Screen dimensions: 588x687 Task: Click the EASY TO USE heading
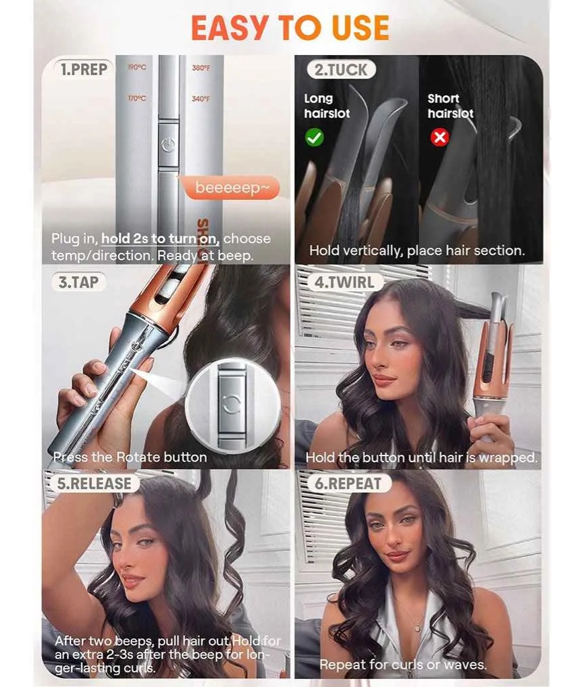coord(290,28)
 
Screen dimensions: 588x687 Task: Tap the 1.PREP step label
coord(84,69)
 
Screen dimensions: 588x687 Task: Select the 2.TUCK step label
coord(341,70)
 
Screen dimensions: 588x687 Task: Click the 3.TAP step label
coord(79,282)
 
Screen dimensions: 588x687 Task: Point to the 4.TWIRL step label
coord(344,282)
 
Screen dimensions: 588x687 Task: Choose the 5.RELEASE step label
coord(94,484)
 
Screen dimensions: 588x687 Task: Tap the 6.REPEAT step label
coord(348,483)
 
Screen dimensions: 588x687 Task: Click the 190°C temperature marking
coord(137,67)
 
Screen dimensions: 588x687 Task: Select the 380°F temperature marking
coord(201,68)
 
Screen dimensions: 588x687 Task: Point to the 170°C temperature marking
coord(137,98)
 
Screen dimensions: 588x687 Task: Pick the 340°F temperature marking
coord(201,99)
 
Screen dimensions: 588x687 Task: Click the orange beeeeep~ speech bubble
coord(231,188)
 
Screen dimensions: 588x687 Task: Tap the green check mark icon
coord(314,138)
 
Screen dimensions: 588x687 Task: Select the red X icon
coord(440,138)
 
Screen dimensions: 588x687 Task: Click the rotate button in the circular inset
coord(232,405)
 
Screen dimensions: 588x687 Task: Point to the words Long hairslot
coord(327,106)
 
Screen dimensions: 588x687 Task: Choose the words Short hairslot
coord(451,106)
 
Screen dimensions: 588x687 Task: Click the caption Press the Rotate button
coord(130,457)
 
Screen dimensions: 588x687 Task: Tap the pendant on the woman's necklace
coord(417,628)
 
